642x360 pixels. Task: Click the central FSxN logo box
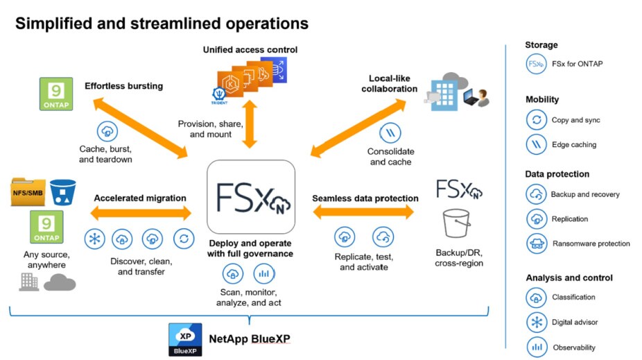click(251, 196)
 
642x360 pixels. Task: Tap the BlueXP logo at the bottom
click(185, 339)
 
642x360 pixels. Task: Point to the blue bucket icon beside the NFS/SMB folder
click(62, 192)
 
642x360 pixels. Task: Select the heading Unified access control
click(250, 50)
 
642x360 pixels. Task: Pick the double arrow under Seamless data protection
click(364, 213)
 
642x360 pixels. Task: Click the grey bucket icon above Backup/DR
click(457, 223)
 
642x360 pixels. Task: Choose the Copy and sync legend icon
click(536, 120)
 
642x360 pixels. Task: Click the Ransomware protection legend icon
click(536, 243)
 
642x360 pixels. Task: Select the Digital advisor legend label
click(574, 322)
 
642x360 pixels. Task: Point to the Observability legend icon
click(536, 347)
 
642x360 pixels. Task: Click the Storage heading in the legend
click(541, 45)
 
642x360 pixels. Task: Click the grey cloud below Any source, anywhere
click(60, 282)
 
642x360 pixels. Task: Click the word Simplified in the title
click(51, 24)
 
